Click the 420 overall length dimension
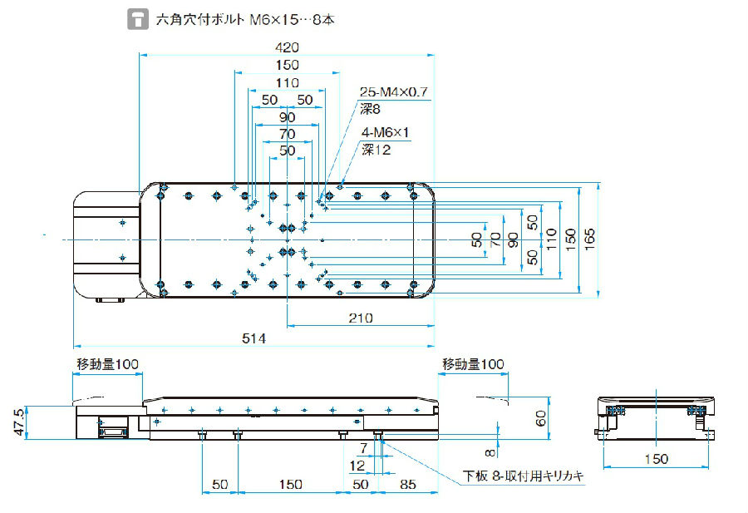tap(287, 47)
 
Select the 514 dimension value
tap(253, 338)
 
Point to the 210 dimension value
tap(361, 317)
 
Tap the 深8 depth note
tap(370, 108)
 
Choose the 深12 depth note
tap(375, 150)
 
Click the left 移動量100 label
tap(108, 364)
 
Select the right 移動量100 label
tap(472, 364)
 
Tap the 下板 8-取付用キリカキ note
tap(524, 476)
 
